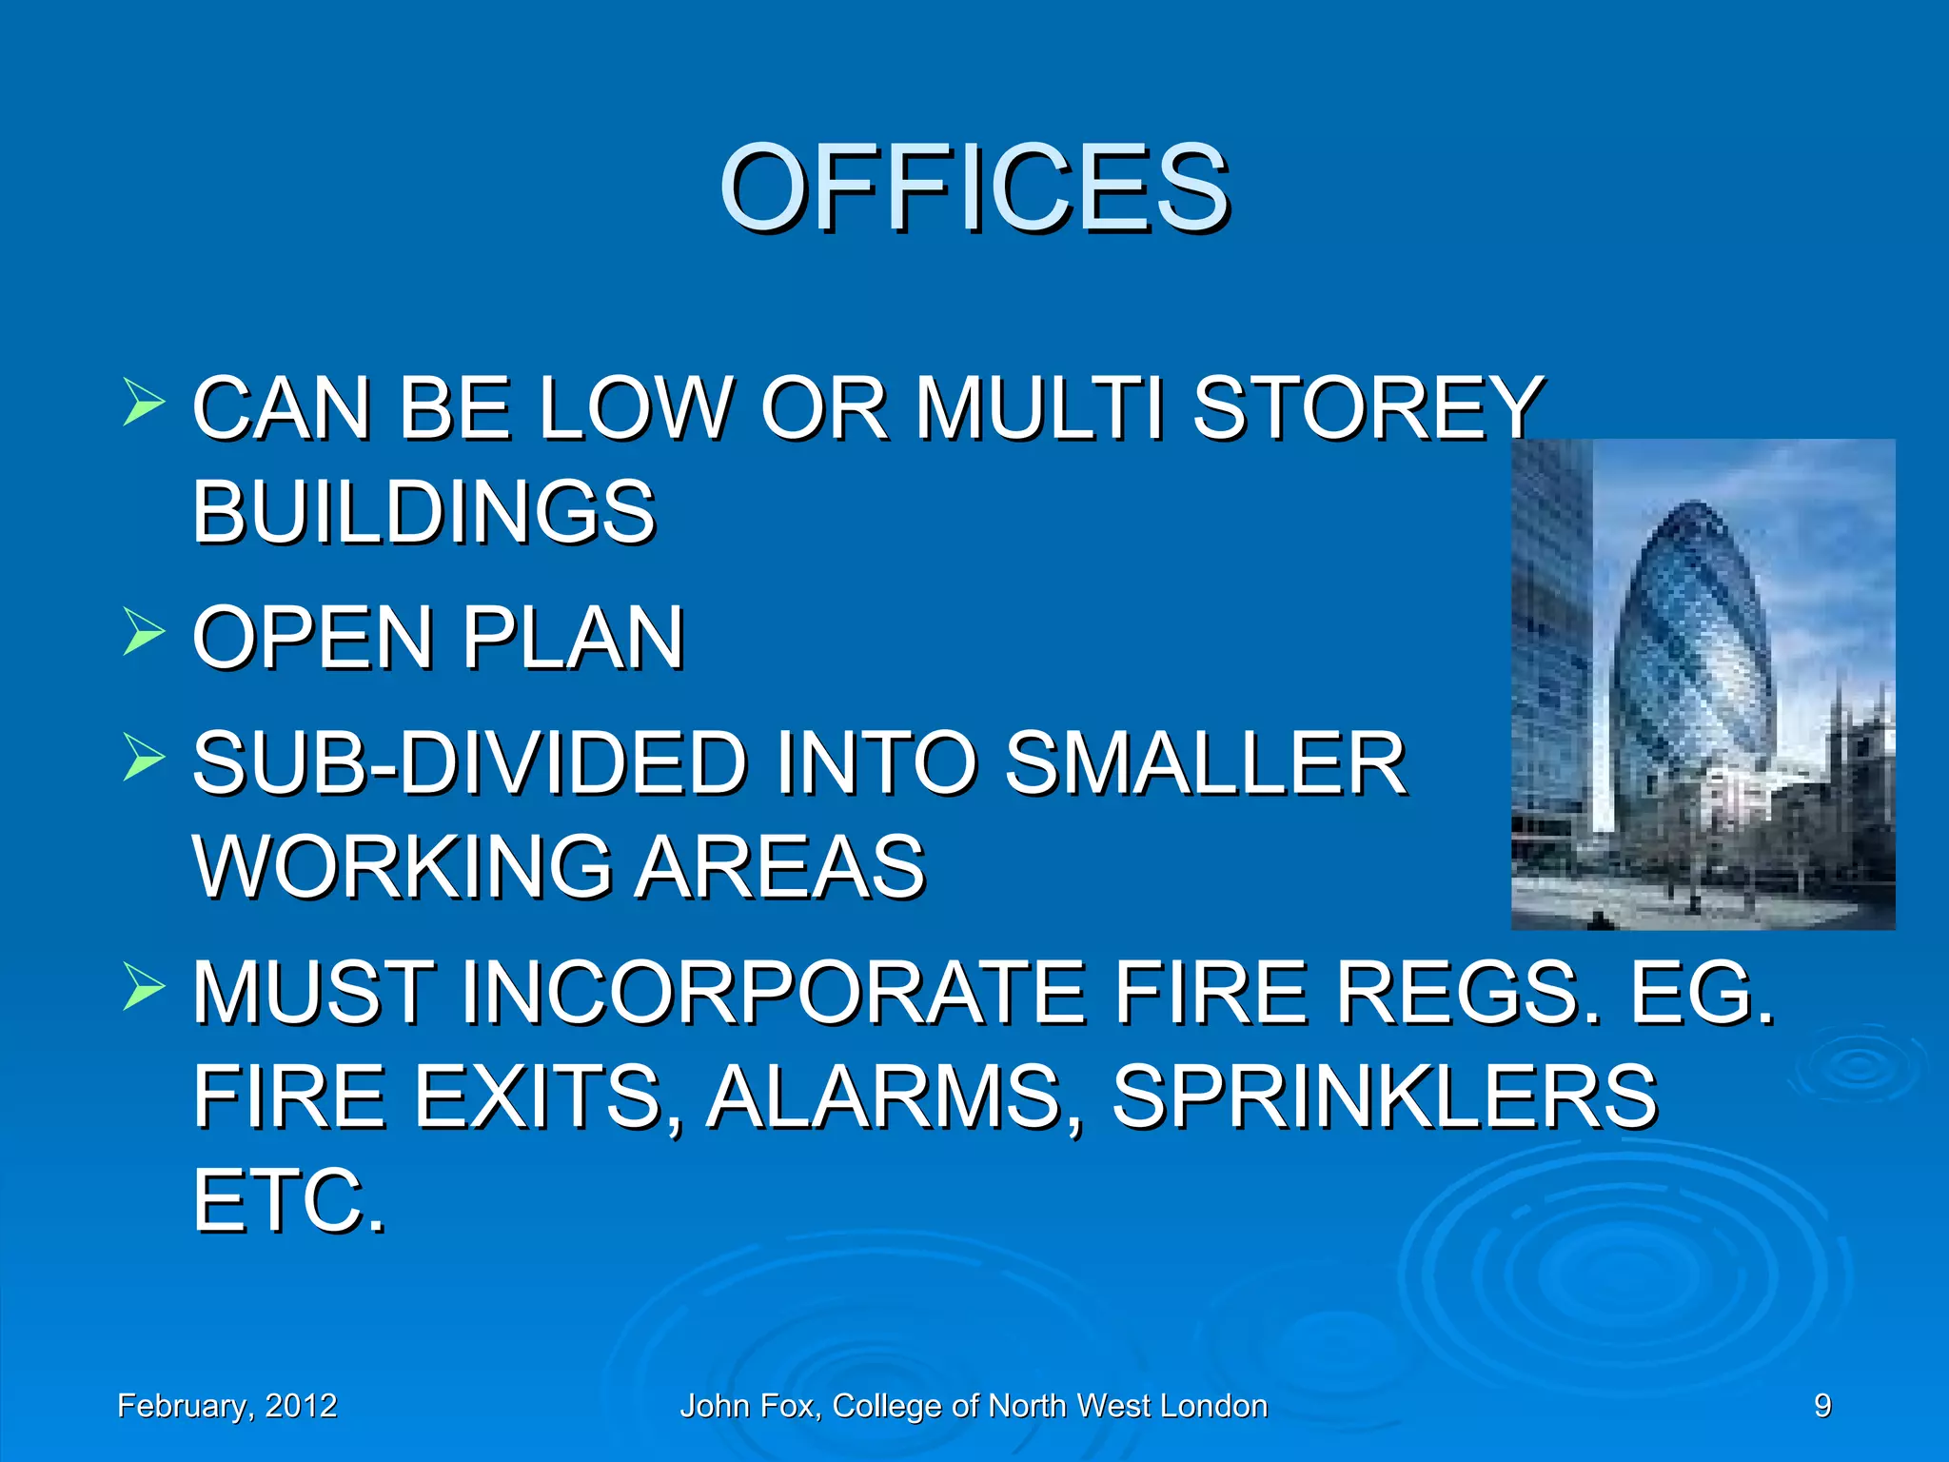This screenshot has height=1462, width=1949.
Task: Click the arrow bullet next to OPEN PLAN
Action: (x=144, y=632)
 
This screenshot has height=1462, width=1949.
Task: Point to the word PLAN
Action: (x=574, y=638)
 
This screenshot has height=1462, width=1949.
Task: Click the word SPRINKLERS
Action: (x=1385, y=1096)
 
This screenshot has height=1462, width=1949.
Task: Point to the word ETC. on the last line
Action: (x=289, y=1200)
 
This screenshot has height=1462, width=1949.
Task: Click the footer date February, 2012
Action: (x=226, y=1406)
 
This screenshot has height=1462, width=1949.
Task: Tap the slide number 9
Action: (x=1821, y=1406)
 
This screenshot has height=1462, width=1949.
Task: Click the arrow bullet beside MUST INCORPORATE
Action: (x=144, y=987)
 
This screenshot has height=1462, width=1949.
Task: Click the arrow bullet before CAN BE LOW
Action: (x=144, y=403)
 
